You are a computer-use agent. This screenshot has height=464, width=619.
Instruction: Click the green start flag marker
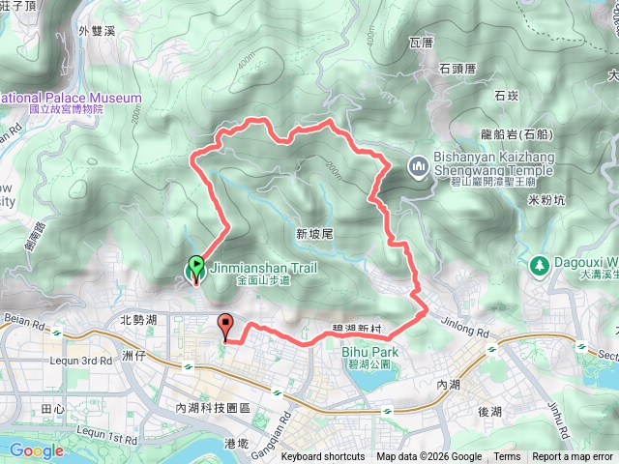[195, 264]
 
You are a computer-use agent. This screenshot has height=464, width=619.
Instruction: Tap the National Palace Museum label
[71, 98]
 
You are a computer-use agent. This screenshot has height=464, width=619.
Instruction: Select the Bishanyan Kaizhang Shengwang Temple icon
[417, 166]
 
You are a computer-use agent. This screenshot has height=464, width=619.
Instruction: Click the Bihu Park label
[366, 352]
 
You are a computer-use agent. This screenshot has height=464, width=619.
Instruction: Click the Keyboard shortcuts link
[322, 457]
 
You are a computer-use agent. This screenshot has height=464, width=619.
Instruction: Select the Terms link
[507, 457]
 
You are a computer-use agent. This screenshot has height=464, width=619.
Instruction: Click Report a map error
[573, 457]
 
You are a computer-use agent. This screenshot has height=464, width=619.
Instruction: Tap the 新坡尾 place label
[314, 234]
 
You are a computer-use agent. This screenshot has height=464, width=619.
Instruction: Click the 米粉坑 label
[546, 200]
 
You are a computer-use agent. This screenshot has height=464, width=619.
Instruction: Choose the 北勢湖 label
[138, 319]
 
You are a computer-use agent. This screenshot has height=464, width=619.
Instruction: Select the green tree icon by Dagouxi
[539, 264]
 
